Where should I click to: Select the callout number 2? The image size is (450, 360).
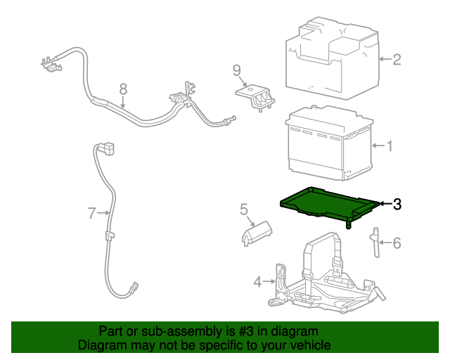(x=396, y=60)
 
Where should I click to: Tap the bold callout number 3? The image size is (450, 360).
(x=397, y=204)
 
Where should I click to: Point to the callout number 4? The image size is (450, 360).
(x=258, y=282)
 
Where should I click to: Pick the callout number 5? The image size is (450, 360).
(x=244, y=209)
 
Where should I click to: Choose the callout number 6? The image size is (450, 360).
(x=396, y=243)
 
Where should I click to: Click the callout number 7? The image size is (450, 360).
(x=91, y=212)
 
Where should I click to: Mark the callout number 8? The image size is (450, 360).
(x=123, y=89)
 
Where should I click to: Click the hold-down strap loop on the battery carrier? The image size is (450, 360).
(x=322, y=257)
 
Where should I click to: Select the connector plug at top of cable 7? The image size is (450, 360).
(x=105, y=148)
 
